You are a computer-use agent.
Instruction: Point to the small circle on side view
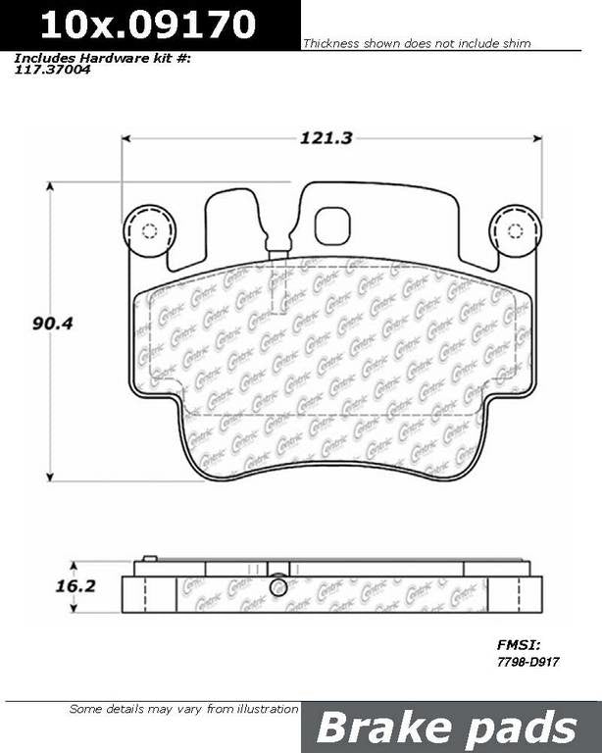coord(278,586)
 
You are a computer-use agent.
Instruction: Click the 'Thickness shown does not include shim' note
coord(417,44)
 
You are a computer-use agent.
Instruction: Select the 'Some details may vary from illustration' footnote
coord(183,709)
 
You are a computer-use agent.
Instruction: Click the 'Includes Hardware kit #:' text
coord(102,58)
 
